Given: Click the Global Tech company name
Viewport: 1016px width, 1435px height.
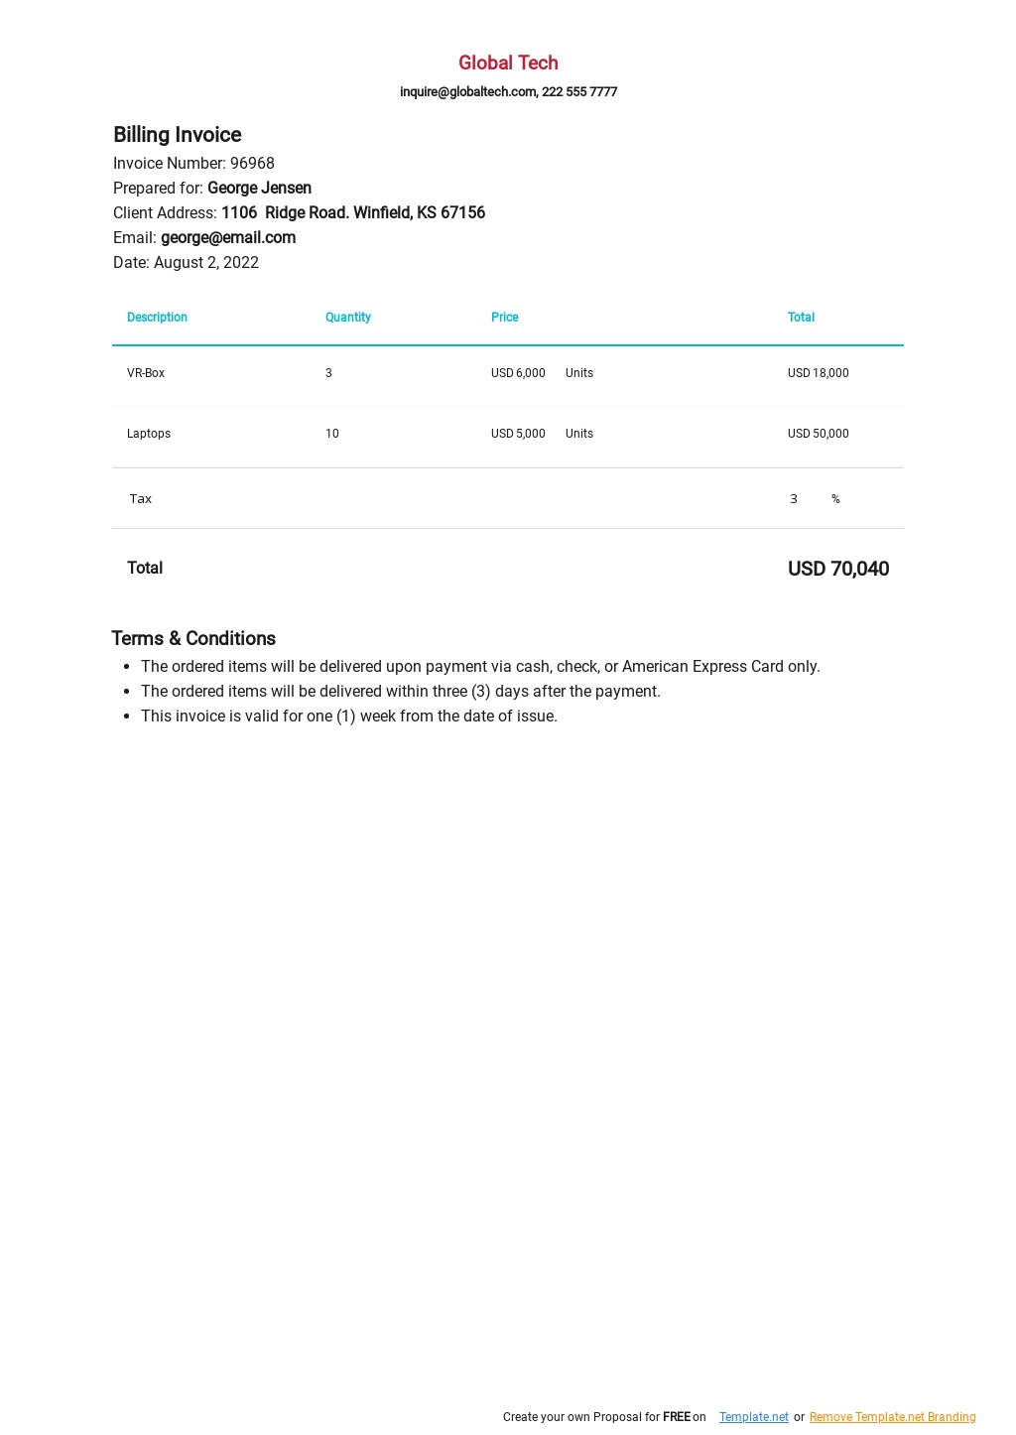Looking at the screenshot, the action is [508, 63].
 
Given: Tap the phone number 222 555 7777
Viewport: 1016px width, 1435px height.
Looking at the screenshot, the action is [579, 91].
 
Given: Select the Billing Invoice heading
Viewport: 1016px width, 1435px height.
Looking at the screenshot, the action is [178, 135].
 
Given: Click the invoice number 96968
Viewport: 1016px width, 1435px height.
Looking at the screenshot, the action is [252, 164].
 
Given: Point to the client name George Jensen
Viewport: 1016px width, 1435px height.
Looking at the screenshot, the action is [259, 189].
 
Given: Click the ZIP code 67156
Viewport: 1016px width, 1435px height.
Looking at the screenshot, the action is [462, 213].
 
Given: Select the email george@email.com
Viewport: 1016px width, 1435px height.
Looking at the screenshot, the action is [228, 238].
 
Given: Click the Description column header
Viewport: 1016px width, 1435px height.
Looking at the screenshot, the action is [157, 318].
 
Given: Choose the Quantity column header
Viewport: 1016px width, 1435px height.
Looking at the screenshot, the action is [348, 318].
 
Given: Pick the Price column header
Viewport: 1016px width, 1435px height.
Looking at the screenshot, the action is [504, 318].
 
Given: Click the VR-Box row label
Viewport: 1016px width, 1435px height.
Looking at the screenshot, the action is [146, 373].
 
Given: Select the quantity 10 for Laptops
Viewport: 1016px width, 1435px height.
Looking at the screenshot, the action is [332, 434].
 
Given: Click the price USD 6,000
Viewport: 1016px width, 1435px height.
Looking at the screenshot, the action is [518, 373].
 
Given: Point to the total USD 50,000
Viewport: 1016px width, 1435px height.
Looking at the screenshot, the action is [819, 434].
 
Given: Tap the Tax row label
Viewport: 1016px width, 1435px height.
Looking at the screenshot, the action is [141, 499].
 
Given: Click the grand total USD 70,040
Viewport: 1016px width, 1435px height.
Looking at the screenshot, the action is [838, 569].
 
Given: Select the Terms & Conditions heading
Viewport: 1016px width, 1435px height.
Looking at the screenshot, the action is [193, 639].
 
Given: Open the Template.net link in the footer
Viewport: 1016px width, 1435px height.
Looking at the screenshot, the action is [754, 1417].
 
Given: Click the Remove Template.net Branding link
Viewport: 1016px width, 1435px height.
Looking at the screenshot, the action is [892, 1417].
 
